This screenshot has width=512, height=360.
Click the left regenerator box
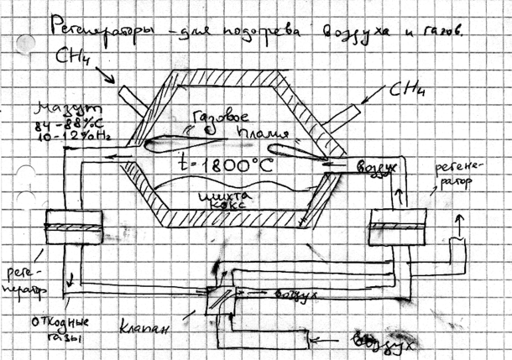[75, 227]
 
